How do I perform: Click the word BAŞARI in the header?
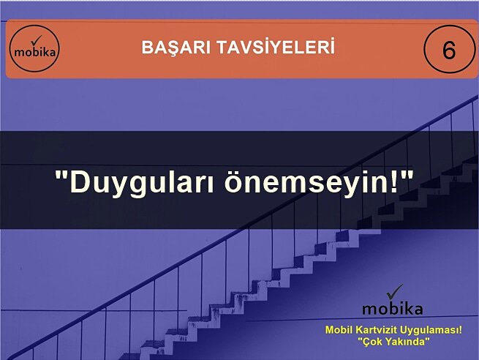pos(171,48)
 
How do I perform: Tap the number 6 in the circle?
pos(448,51)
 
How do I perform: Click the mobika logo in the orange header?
pos(35,50)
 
